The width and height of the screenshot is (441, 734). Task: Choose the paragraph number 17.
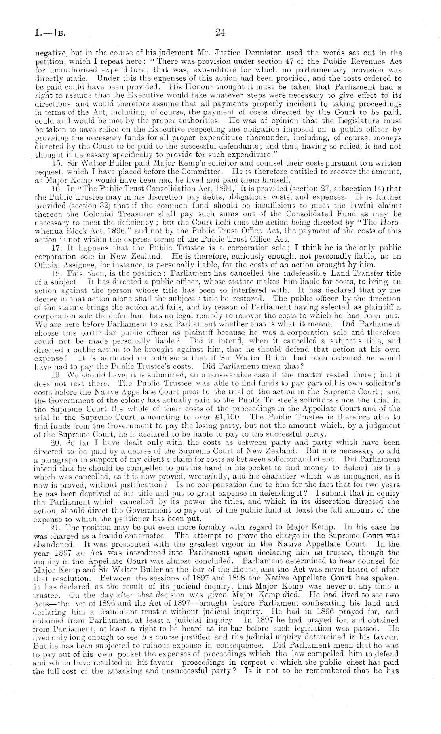(x=56, y=248)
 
